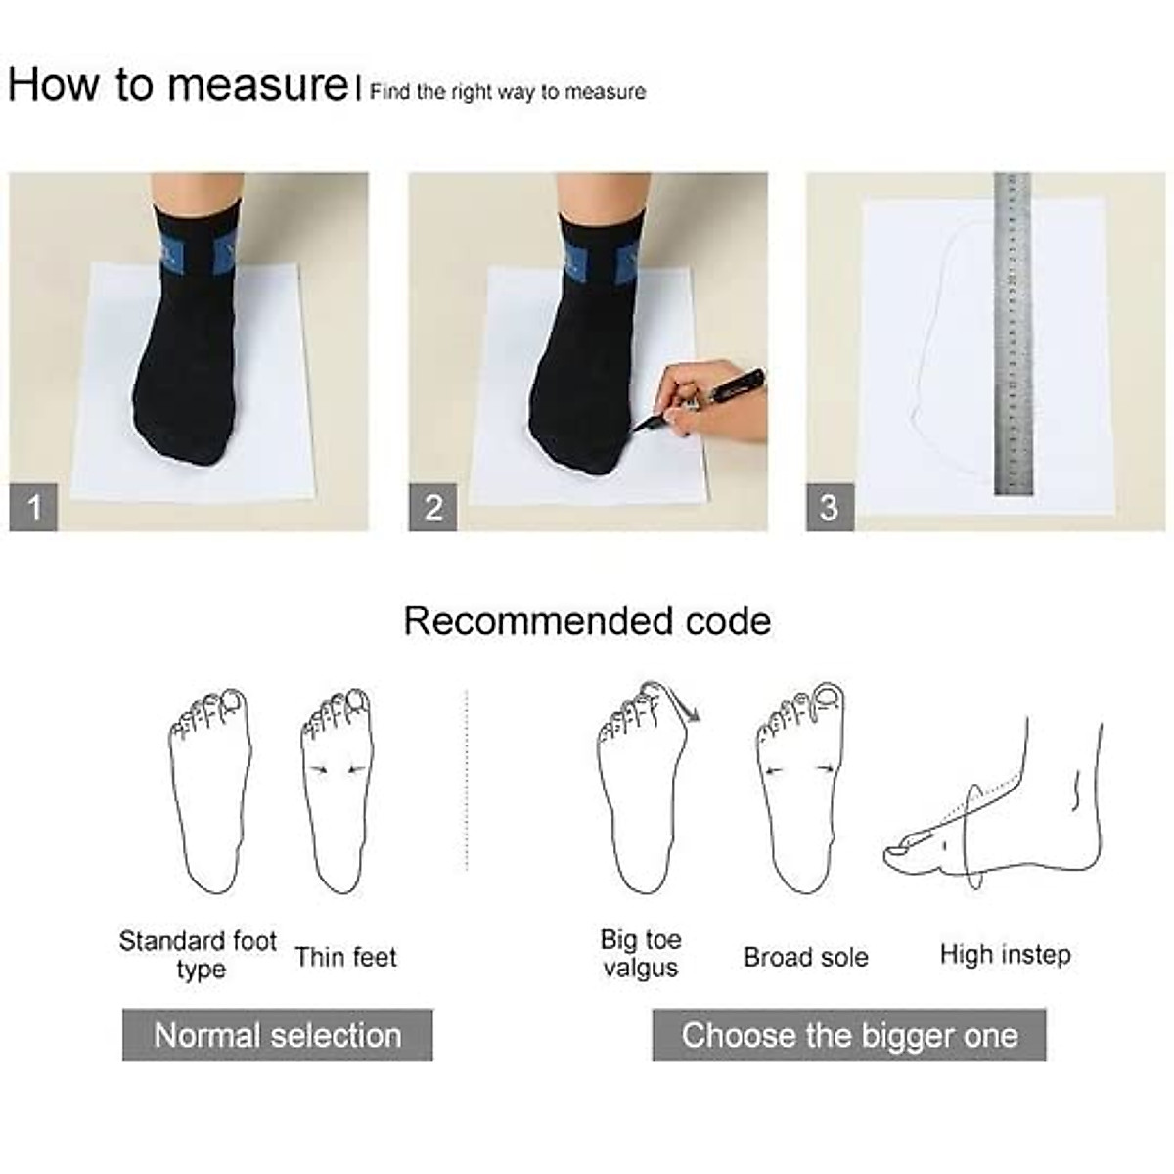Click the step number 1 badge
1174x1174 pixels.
coord(33,508)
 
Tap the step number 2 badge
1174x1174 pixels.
coord(432,508)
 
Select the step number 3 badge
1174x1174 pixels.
coord(830,508)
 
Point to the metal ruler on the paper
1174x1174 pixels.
coord(1013,333)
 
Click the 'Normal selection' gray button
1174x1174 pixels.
coord(277,1035)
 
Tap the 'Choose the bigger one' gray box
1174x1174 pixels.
coord(848,1035)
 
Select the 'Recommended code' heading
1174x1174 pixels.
coord(587,621)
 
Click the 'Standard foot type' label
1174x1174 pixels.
coord(199,955)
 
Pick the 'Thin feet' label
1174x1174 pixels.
coord(345,957)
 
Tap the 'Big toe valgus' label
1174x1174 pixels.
coord(641,954)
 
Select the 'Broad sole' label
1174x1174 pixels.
coord(805,957)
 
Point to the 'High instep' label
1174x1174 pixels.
coord(1005,954)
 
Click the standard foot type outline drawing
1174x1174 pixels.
coord(210,792)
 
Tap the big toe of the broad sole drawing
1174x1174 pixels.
coord(827,698)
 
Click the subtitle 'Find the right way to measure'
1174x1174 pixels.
coord(507,92)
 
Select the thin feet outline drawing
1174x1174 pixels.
coord(337,792)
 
